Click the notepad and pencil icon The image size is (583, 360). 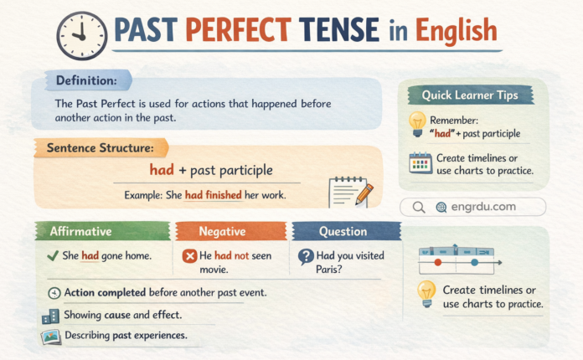[351, 192]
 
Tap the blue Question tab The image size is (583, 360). [343, 231]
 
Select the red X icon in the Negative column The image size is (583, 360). [189, 255]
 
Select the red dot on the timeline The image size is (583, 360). [438, 263]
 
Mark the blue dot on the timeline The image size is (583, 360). [474, 262]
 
